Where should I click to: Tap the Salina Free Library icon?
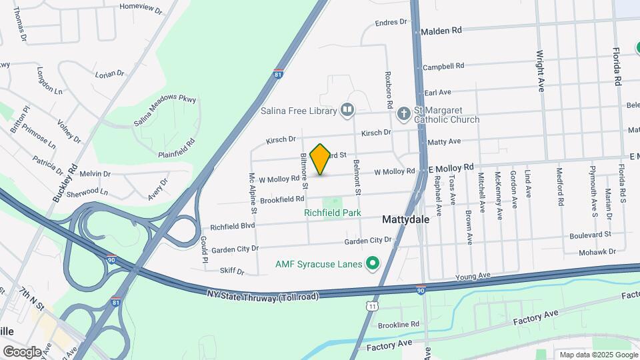pyautogui.click(x=347, y=109)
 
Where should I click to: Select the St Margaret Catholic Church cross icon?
pyautogui.click(x=403, y=114)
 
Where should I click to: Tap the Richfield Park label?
pyautogui.click(x=332, y=213)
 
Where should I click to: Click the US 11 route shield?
pyautogui.click(x=370, y=305)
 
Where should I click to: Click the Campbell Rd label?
pyautogui.click(x=443, y=67)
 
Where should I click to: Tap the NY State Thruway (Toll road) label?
pyautogui.click(x=263, y=295)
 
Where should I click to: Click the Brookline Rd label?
pyautogui.click(x=398, y=324)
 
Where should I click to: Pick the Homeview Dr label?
pyautogui.click(x=141, y=8)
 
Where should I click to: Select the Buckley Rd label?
pyautogui.click(x=65, y=183)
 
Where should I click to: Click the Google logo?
pyautogui.click(x=22, y=351)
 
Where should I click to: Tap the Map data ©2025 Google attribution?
pyautogui.click(x=597, y=355)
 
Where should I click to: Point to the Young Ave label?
pyautogui.click(x=473, y=275)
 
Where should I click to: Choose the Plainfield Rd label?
pyautogui.click(x=176, y=148)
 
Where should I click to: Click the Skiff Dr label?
pyautogui.click(x=233, y=271)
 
